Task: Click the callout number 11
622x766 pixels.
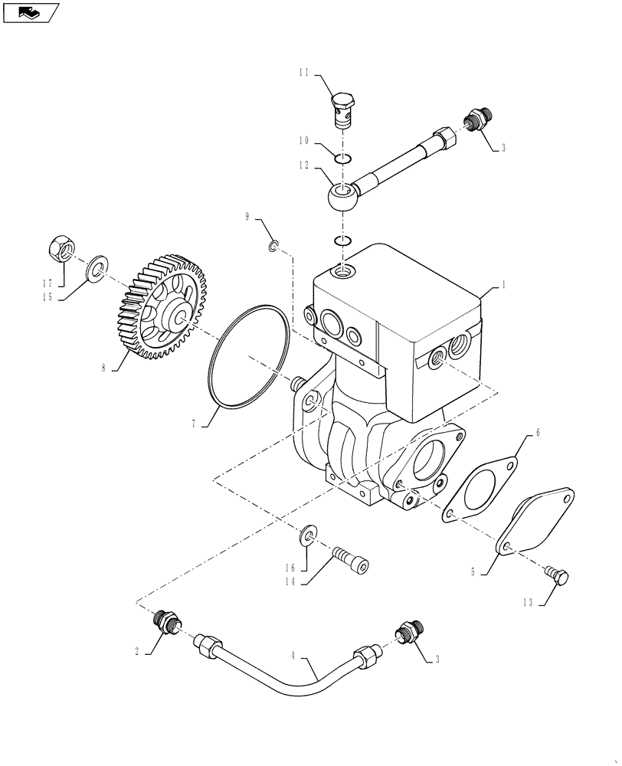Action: (x=303, y=73)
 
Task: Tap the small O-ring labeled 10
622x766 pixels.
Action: (x=344, y=159)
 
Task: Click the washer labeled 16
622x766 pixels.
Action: (x=308, y=533)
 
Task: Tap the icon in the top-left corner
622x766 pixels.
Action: (x=30, y=12)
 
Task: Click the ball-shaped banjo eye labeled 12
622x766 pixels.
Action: (x=341, y=198)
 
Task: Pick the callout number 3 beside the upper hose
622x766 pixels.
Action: (x=503, y=148)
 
